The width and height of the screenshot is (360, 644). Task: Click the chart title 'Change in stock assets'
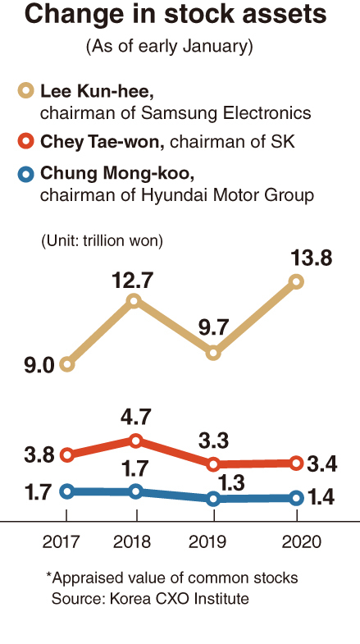click(175, 16)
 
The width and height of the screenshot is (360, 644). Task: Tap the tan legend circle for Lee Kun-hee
click(26, 91)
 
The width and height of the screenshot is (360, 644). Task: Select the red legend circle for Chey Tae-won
click(26, 142)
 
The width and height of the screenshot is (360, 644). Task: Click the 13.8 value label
click(311, 258)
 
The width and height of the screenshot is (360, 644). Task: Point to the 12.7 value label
click(132, 281)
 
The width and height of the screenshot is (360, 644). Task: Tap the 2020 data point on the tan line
click(296, 281)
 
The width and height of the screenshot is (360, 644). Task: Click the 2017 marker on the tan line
click(67, 364)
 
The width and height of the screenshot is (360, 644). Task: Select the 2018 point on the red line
click(136, 441)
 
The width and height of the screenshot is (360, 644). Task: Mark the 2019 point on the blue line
click(213, 499)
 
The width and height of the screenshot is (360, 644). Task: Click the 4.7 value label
click(135, 418)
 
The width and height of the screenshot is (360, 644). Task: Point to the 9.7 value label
click(212, 328)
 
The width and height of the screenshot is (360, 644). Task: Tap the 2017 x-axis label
click(61, 542)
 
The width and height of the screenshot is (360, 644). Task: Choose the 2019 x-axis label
click(207, 542)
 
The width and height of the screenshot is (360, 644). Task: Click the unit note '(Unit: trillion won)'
click(102, 240)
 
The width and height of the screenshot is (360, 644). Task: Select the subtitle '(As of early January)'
click(169, 47)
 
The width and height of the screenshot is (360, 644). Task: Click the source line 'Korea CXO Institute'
click(179, 598)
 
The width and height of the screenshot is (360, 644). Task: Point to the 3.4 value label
click(321, 464)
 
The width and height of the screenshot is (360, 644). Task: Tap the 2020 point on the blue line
click(296, 499)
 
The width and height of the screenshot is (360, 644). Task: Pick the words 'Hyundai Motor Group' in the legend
click(227, 195)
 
